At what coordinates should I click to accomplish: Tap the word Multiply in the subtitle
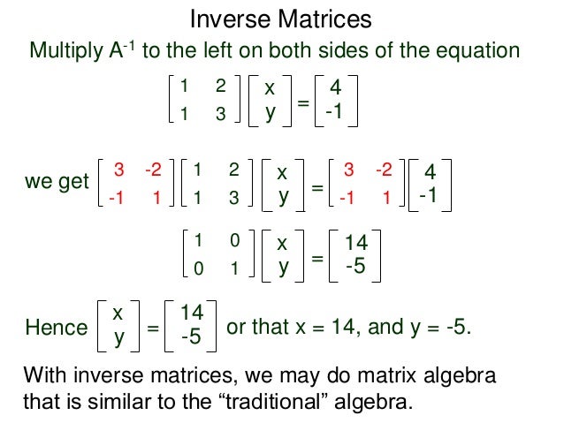64,50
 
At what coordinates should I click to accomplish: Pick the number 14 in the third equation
355,242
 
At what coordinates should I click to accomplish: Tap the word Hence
57,328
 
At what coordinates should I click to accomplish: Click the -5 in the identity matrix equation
355,265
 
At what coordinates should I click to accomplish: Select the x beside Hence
117,313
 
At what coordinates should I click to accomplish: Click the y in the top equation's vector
270,114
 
